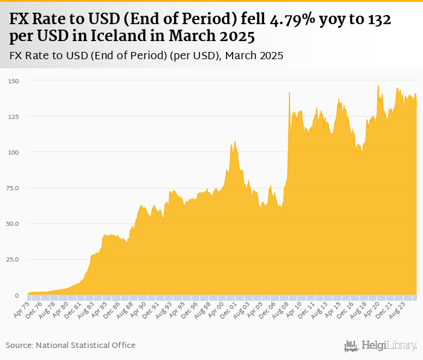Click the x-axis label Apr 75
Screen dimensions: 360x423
click(21, 310)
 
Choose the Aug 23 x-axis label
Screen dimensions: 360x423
click(398, 310)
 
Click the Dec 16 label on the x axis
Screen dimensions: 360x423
click(346, 310)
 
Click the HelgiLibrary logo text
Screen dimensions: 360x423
click(389, 346)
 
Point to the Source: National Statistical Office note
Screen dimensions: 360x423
click(71, 345)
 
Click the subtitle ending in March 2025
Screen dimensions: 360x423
click(147, 56)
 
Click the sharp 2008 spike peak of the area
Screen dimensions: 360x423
click(289, 92)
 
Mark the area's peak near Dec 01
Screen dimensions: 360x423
click(234, 141)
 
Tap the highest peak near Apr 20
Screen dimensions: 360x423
click(378, 86)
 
